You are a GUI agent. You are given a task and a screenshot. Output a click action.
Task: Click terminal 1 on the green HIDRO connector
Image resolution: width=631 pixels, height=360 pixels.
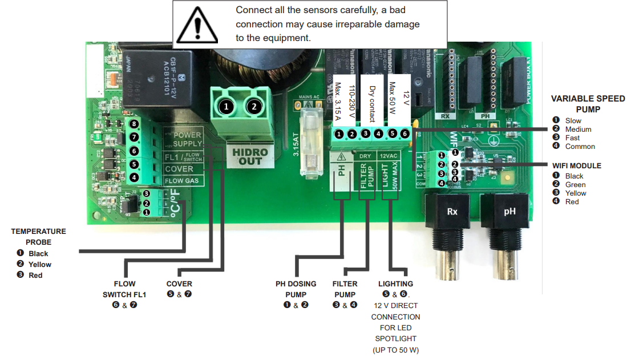point(226,107)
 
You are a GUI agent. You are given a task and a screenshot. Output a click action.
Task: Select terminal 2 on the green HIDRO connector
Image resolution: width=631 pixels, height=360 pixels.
point(255,107)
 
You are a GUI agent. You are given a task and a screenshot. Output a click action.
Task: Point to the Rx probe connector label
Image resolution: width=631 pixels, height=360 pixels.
point(452,211)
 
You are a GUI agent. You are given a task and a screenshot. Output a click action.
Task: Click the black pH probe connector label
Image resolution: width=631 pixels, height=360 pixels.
point(509,211)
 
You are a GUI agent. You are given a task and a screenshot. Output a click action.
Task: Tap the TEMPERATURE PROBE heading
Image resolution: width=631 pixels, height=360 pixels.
point(38,237)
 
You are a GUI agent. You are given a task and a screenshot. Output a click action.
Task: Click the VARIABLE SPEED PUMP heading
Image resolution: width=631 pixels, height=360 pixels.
point(588,103)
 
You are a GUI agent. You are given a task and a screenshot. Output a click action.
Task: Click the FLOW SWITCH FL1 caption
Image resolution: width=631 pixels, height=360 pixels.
point(124,289)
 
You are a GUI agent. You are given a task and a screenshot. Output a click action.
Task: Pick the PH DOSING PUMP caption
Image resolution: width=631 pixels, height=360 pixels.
point(296,289)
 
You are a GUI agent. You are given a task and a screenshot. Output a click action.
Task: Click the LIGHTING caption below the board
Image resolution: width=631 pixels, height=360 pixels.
point(395,284)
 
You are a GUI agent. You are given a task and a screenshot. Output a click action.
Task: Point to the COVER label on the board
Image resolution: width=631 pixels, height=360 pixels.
point(179,169)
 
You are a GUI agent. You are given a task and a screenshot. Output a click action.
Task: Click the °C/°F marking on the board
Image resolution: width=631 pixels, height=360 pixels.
point(174,204)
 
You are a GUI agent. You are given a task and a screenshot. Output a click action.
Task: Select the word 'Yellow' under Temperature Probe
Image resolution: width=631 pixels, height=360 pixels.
point(40,265)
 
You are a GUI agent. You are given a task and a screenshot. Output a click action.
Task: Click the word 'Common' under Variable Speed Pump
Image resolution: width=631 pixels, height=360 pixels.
point(580,147)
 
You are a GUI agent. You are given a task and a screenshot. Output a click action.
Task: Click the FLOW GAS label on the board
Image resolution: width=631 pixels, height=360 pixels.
point(182,181)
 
